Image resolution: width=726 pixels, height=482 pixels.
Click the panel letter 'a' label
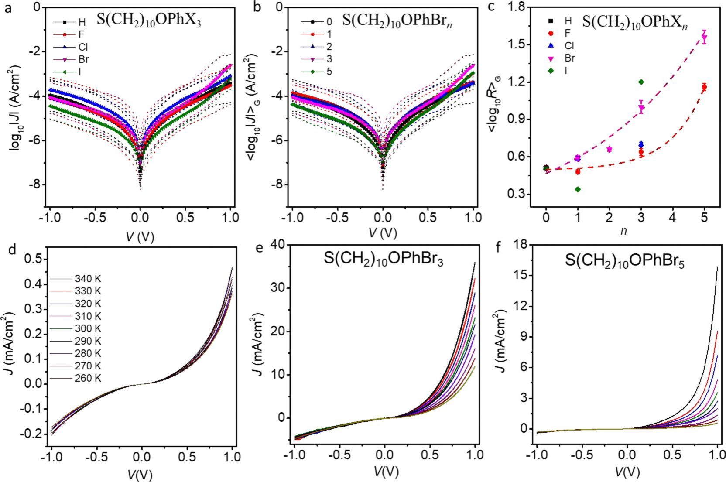(8, 8)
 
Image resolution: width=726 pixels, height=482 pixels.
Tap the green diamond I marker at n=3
(641, 82)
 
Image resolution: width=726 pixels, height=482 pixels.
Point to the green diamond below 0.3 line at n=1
(578, 189)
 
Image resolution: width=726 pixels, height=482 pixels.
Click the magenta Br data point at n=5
(704, 38)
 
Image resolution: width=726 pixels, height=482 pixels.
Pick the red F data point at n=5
(704, 87)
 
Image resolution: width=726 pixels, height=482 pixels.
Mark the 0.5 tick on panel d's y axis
(33, 260)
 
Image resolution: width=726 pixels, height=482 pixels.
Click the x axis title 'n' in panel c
(624, 232)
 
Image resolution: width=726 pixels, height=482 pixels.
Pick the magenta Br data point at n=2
(609, 149)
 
